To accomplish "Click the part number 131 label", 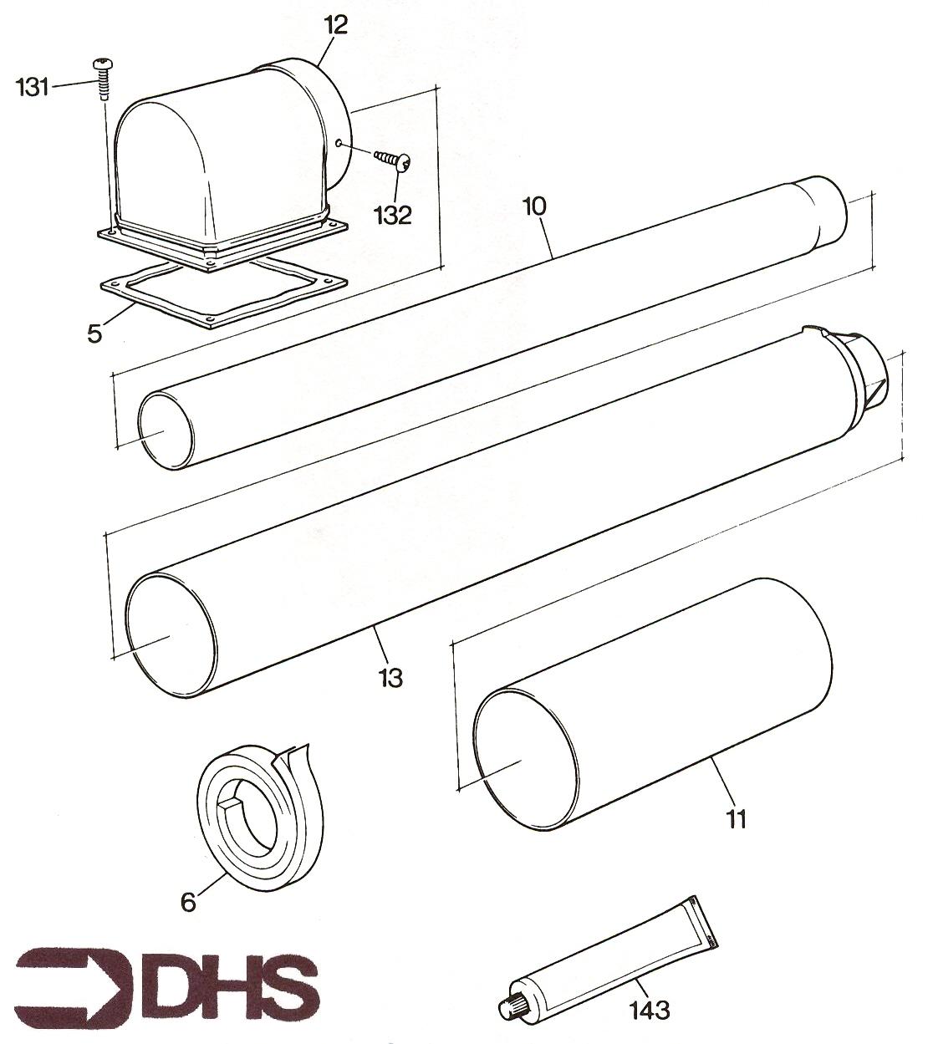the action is (33, 88).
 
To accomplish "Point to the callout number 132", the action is (393, 215).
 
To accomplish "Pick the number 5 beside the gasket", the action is (94, 334).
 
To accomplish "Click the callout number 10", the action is (534, 206).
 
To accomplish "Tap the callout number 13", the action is (390, 678).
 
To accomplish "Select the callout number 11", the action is (736, 818).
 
